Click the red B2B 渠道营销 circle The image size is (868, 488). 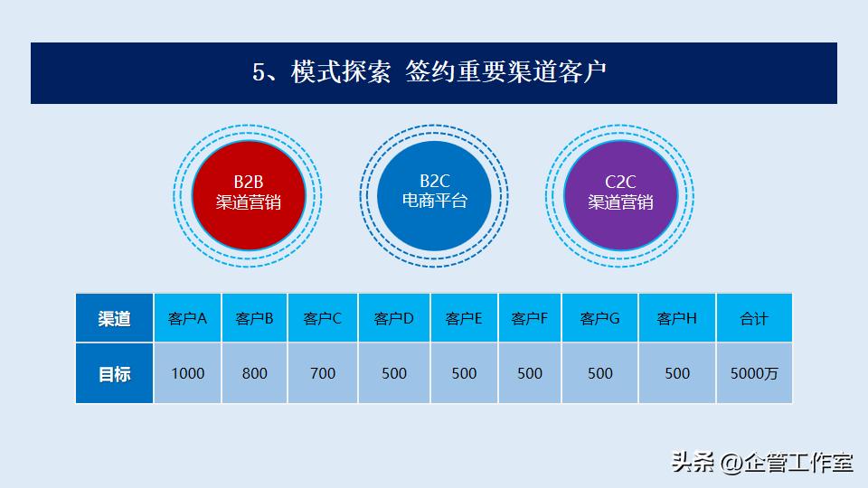tap(249, 194)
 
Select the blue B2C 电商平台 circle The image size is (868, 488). tap(435, 192)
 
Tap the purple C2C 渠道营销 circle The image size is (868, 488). tap(621, 194)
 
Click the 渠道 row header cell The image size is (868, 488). tap(115, 318)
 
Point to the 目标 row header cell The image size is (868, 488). tap(115, 373)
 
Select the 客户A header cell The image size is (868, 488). tap(188, 318)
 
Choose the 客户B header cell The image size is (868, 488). tap(255, 318)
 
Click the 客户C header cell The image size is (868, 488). tap(323, 318)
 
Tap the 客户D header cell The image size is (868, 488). tap(394, 318)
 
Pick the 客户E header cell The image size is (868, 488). tap(464, 318)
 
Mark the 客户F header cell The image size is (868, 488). tap(530, 318)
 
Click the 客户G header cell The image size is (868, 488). tap(600, 318)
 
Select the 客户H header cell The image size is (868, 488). tap(677, 318)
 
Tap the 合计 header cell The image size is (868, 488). tap(754, 318)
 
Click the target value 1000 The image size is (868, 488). tap(188, 373)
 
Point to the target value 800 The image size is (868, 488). tap(255, 373)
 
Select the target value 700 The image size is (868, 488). tap(323, 373)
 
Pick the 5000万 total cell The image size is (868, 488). tap(754, 373)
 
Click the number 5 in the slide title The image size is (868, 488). tap(259, 73)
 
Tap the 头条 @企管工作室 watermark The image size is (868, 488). tap(762, 463)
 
